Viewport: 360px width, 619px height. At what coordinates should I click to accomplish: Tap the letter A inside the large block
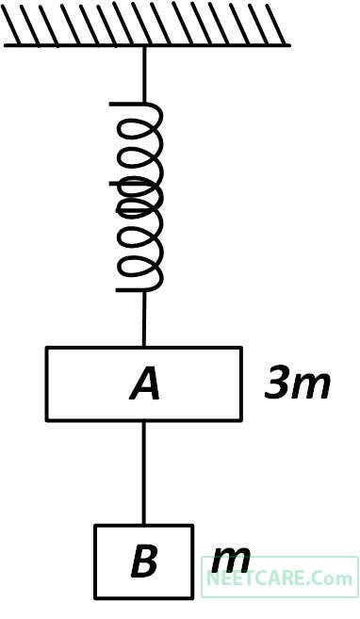click(145, 384)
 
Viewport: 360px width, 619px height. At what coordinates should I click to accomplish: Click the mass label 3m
click(297, 383)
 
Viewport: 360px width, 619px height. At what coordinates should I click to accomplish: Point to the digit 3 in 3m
click(277, 383)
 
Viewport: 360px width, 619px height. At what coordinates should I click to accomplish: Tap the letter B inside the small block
click(144, 562)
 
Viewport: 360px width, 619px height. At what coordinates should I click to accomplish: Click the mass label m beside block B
click(231, 562)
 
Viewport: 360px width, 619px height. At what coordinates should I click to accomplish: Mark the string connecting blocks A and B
click(144, 471)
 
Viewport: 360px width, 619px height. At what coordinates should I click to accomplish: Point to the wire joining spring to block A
click(144, 318)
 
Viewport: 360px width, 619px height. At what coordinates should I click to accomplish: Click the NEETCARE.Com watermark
click(280, 577)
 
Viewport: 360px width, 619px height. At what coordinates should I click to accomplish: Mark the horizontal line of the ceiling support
click(146, 44)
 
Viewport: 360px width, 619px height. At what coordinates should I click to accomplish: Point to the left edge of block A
click(46, 383)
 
